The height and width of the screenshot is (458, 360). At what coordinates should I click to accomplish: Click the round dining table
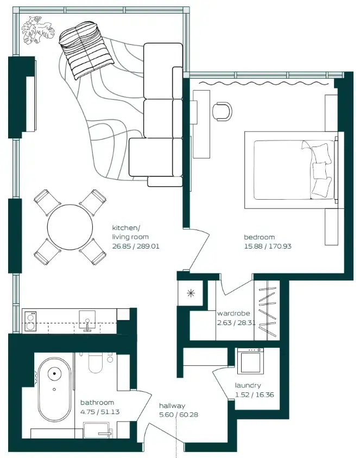70,227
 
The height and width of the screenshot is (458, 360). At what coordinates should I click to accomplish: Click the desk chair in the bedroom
222,111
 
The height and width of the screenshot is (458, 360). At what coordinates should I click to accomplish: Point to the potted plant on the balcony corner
37,30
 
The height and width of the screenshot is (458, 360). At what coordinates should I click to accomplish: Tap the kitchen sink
87,320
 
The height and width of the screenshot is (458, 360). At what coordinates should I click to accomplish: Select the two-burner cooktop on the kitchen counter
30,321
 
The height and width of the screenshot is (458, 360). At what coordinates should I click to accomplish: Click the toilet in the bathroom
96,362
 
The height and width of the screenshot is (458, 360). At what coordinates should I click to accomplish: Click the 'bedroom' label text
259,237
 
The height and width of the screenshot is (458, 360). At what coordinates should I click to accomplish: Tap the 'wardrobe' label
233,314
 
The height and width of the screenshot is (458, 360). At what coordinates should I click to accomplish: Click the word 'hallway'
172,405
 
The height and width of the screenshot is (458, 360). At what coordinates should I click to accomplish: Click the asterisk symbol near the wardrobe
191,294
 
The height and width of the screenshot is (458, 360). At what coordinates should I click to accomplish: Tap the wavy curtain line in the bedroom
263,84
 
